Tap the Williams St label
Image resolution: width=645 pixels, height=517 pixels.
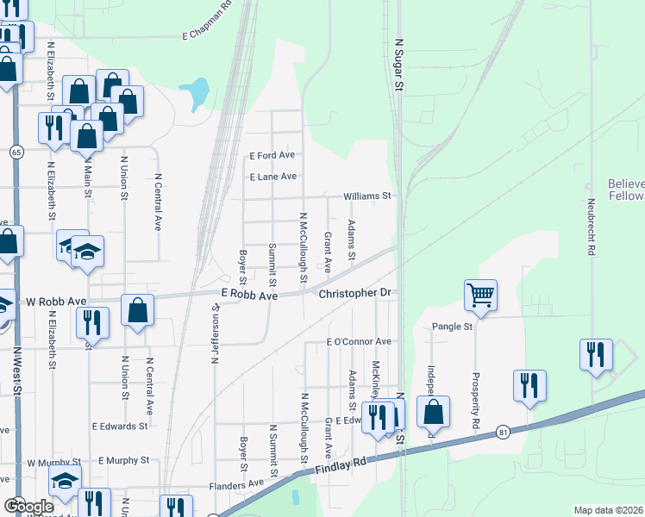(367, 196)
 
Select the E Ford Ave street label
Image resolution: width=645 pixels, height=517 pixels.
(272, 156)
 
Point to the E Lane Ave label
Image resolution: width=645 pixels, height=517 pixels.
(272, 177)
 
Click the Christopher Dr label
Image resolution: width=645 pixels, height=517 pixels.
(355, 294)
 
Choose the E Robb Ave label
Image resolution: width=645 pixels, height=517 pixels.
(248, 296)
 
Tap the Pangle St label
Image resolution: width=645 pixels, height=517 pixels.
(453, 327)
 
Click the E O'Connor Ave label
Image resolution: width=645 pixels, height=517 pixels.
(359, 342)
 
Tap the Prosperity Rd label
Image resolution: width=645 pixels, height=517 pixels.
(475, 402)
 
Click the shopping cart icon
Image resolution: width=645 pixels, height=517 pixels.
(480, 295)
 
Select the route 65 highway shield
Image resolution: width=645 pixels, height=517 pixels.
(16, 152)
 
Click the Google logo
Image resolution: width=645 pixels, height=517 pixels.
(28, 507)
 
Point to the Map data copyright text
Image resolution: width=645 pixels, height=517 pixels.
(608, 510)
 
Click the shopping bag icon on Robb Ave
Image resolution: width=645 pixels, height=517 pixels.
(137, 309)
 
